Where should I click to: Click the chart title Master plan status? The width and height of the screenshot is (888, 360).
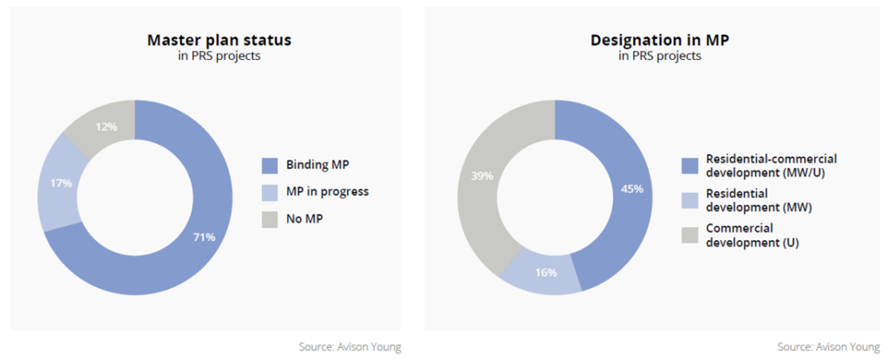(219, 41)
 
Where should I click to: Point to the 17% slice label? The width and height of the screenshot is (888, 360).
(61, 183)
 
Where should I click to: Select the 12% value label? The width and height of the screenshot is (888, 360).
(106, 127)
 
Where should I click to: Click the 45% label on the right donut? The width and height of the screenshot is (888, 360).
(631, 189)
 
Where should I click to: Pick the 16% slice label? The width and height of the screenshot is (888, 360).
(545, 272)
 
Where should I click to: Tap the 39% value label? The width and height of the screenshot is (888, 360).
(482, 176)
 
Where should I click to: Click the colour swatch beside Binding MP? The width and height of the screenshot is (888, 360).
(271, 166)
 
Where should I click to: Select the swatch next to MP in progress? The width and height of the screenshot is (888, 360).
(271, 193)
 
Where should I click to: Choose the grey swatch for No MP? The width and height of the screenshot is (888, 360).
(271, 219)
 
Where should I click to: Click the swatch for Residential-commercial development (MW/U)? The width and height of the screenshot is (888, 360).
(689, 165)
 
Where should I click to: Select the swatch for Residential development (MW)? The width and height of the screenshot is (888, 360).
(689, 200)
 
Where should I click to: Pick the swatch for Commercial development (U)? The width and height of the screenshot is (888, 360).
(689, 235)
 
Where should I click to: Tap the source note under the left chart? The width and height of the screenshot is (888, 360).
(350, 347)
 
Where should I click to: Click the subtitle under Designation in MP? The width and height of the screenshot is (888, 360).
(659, 56)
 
